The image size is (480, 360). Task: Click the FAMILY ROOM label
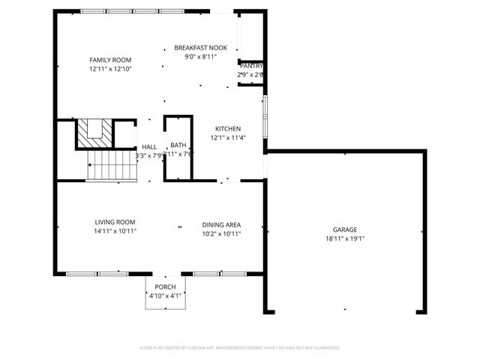pos(110,59)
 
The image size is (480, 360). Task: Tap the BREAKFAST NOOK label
pos(200,47)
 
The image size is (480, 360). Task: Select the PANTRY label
pos(250,66)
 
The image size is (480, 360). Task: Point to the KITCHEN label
pos(228,128)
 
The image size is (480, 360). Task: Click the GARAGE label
pos(345,229)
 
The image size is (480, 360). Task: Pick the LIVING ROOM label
pos(115,222)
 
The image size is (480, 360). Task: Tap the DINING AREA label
pos(221,224)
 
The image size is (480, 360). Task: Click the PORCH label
pos(165,287)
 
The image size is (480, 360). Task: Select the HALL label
pos(149,147)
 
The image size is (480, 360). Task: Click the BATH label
pos(178,145)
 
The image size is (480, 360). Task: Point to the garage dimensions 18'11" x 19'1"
pos(345,239)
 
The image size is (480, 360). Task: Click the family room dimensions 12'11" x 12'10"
pos(110,69)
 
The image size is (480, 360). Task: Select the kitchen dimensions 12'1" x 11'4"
pos(228,138)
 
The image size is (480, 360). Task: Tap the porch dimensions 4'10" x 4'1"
pos(165,296)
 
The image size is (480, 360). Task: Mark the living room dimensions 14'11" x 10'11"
pos(115,231)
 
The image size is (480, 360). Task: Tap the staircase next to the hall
pos(110,166)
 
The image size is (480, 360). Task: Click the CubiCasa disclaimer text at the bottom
pos(240,348)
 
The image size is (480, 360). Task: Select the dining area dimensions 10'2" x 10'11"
pos(221,233)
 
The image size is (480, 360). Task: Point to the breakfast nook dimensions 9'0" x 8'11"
pos(200,56)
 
